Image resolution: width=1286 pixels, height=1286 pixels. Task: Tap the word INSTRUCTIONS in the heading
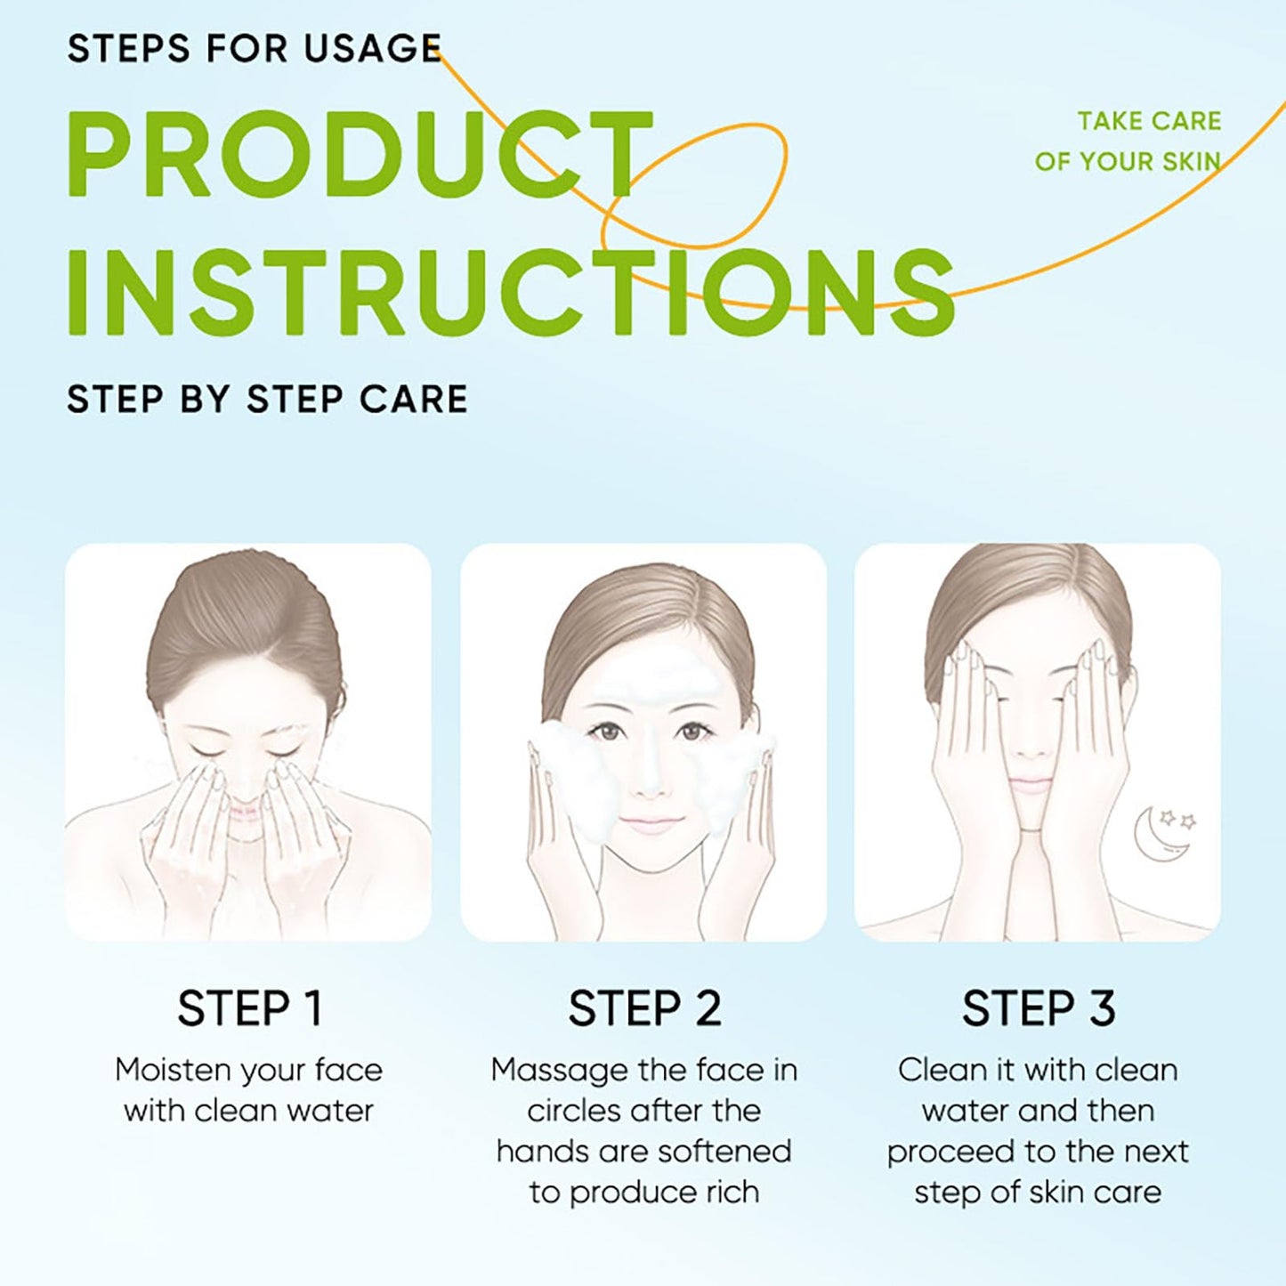click(x=512, y=292)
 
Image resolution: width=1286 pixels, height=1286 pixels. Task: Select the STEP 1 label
click(x=250, y=1008)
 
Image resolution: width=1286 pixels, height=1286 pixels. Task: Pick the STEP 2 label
click(x=644, y=1008)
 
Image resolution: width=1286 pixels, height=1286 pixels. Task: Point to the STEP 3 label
click(x=1039, y=1008)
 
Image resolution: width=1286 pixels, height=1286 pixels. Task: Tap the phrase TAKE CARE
click(x=1149, y=121)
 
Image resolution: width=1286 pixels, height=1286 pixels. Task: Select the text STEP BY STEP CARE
click(x=267, y=399)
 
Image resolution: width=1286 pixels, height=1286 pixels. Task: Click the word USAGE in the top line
click(x=372, y=48)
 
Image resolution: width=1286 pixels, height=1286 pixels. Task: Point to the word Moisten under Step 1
click(x=175, y=1071)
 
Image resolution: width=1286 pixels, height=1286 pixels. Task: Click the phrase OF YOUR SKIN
click(x=1128, y=161)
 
